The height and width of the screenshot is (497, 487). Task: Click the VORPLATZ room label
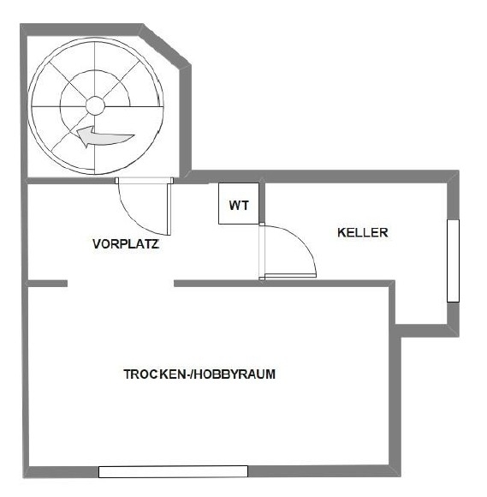click(126, 244)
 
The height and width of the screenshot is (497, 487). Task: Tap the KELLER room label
click(363, 232)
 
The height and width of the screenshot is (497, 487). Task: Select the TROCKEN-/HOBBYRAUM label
click(199, 374)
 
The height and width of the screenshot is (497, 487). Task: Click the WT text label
click(238, 206)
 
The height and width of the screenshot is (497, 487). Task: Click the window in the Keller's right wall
click(453, 260)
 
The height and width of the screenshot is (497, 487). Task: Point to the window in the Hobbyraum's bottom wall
click(173, 471)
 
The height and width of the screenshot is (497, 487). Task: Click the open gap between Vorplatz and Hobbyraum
click(121, 283)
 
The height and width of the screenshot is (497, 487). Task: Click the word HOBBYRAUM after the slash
click(237, 374)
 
